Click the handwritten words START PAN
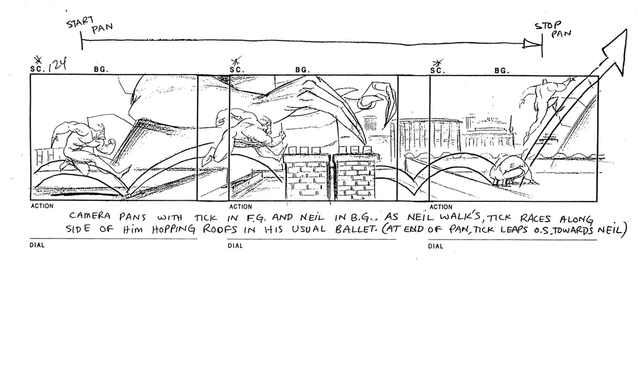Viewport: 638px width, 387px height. point(89,25)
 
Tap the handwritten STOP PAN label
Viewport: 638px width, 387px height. point(553,29)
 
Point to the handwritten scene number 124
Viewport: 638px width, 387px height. point(57,65)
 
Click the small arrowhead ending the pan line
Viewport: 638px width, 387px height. point(530,43)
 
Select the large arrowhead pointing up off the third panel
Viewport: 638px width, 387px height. point(615,51)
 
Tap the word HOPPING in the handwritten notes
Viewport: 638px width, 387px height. point(174,230)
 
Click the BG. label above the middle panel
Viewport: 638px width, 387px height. point(302,70)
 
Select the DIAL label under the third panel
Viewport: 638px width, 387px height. point(435,246)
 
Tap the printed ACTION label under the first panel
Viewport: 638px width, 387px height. point(42,205)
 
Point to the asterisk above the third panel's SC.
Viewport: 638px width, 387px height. point(438,63)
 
